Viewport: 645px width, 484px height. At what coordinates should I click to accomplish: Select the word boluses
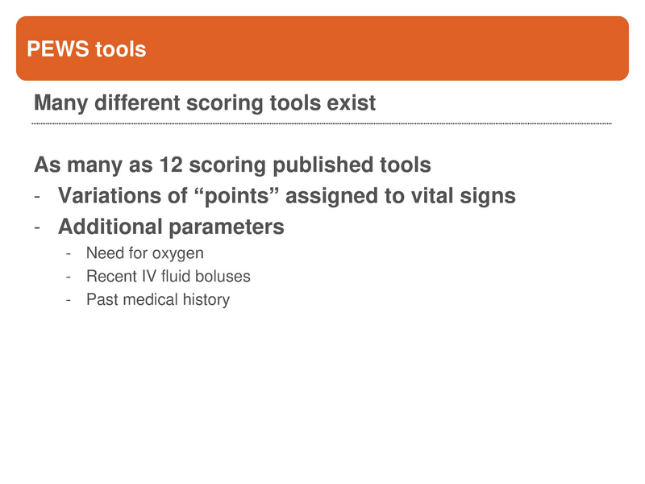[x=222, y=277]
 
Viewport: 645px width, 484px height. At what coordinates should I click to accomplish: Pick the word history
[x=207, y=300]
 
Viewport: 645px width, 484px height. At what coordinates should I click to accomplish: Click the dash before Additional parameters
[x=38, y=227]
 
